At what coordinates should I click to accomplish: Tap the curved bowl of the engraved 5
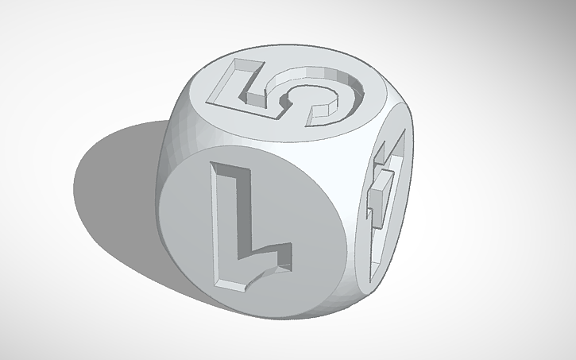click(334, 99)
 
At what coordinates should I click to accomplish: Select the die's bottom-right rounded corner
click(350, 294)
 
